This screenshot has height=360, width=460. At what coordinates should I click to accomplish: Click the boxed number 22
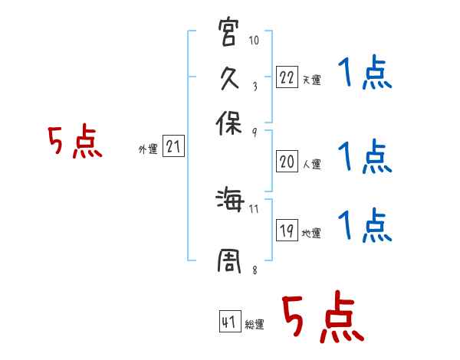pyautogui.click(x=287, y=77)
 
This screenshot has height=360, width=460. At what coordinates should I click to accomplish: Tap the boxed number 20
pyautogui.click(x=287, y=162)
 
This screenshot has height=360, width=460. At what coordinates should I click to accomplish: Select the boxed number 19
pyautogui.click(x=287, y=231)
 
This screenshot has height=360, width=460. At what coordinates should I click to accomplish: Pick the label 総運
pyautogui.click(x=255, y=325)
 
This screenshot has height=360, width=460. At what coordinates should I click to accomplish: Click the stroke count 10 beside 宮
pyautogui.click(x=254, y=40)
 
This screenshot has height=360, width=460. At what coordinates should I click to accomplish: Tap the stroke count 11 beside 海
pyautogui.click(x=254, y=207)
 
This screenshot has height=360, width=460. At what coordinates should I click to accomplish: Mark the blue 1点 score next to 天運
pyautogui.click(x=365, y=75)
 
